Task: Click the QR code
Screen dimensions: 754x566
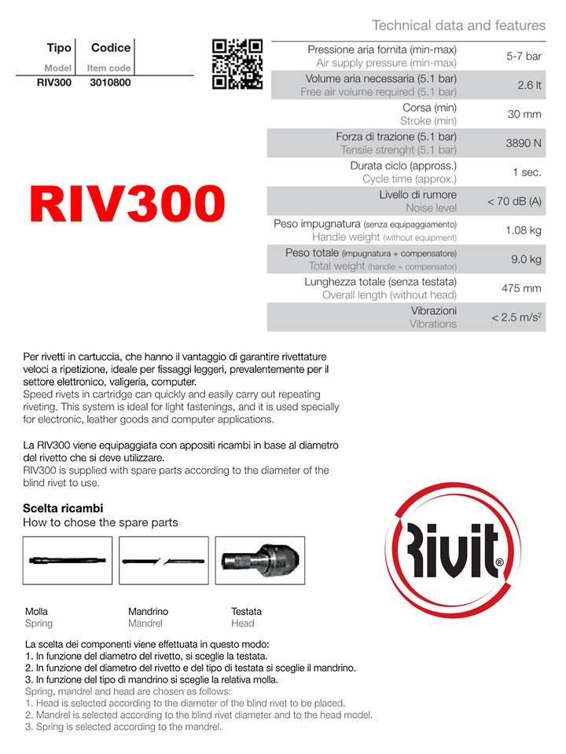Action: [237, 64]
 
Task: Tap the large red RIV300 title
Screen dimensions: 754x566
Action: [127, 204]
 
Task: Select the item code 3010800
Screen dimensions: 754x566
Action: [110, 82]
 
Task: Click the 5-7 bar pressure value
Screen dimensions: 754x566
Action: [524, 57]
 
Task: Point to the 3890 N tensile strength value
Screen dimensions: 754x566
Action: [523, 144]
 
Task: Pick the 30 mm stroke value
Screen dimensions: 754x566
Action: [524, 115]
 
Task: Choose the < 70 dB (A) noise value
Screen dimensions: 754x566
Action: [514, 202]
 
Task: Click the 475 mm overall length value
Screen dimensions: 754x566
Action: [522, 288]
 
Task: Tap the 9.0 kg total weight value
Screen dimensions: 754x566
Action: [524, 259]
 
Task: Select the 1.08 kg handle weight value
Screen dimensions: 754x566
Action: [523, 231]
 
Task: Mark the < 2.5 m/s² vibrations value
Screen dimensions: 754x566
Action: [516, 317]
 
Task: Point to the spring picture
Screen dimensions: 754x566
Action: [68, 560]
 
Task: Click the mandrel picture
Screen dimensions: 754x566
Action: [164, 560]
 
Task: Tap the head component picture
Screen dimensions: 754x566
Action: [259, 560]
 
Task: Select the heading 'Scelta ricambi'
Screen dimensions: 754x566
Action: [63, 508]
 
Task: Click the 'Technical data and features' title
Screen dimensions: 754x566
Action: [458, 25]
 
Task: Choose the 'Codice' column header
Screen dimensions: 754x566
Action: [110, 49]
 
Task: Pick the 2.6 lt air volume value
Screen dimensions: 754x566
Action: [529, 86]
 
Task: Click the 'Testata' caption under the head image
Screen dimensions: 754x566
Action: [246, 611]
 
